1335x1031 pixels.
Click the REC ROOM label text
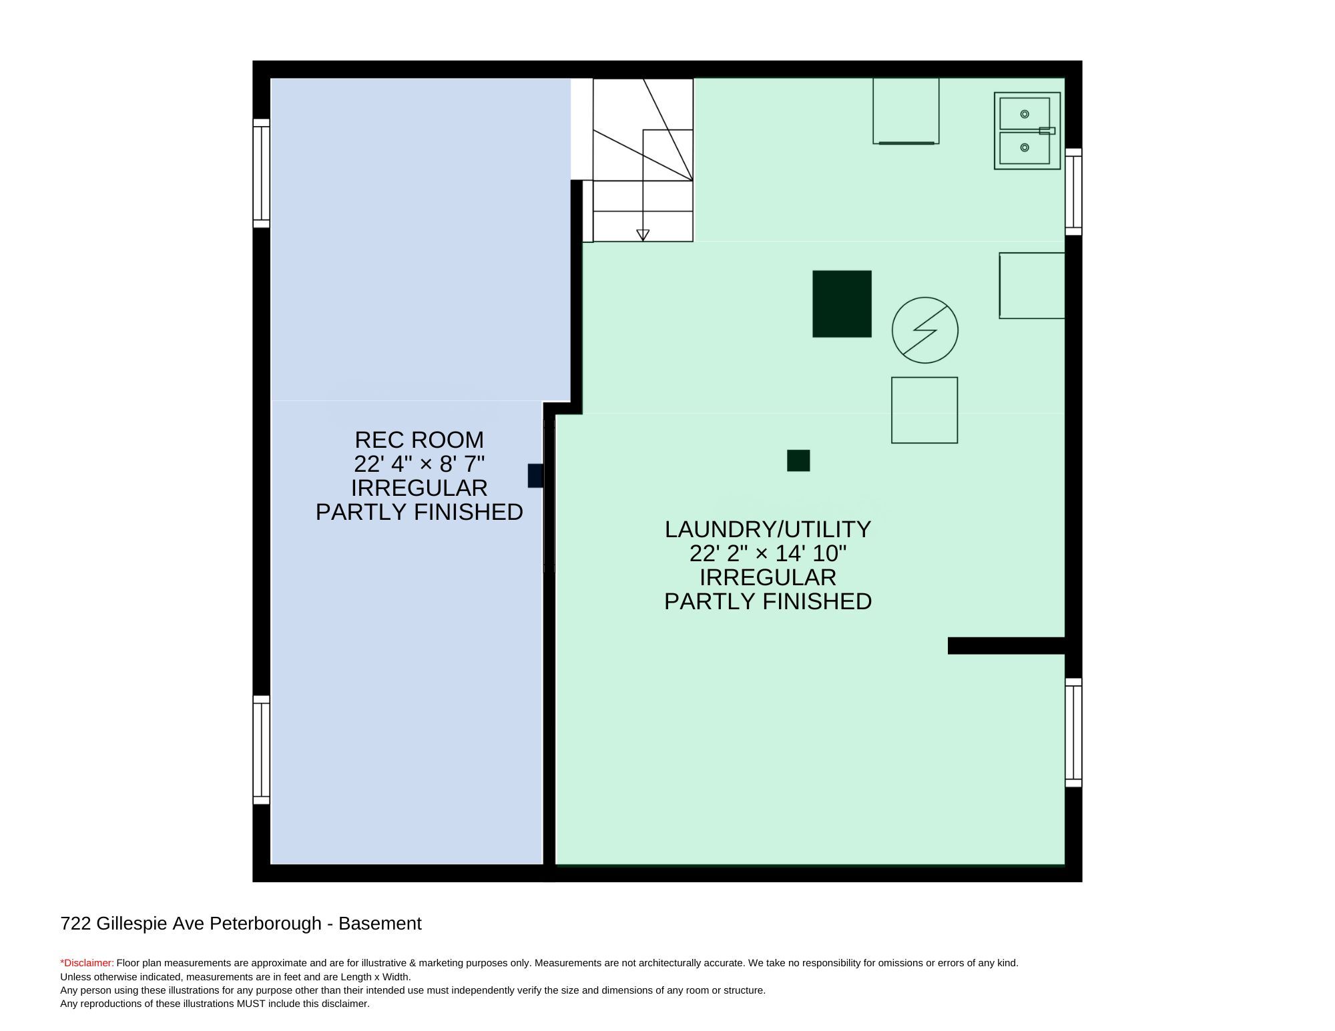pos(419,440)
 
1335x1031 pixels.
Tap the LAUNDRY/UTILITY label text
pos(768,529)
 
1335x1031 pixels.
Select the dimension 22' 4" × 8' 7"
pos(419,464)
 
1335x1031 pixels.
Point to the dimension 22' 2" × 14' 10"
pos(768,553)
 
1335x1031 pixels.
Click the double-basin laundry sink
pos(1027,131)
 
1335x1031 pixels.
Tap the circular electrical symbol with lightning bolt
pos(925,330)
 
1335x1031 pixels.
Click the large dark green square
pos(842,304)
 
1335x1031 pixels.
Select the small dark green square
pos(798,460)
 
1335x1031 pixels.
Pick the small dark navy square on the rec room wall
pos(535,476)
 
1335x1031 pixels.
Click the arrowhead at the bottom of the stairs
pos(643,235)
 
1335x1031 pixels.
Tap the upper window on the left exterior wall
pos(261,174)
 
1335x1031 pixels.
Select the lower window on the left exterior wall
pos(261,750)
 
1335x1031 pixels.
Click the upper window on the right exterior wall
pos(1073,192)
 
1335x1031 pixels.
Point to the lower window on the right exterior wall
pos(1073,733)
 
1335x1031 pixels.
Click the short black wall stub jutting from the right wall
pos(1007,645)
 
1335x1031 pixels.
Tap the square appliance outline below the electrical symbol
pos(924,410)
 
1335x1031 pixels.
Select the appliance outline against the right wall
pos(1032,286)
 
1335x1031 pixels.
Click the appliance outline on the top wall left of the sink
pos(906,111)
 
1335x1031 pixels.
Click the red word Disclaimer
pos(88,963)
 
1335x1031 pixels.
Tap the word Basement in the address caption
pos(380,924)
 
